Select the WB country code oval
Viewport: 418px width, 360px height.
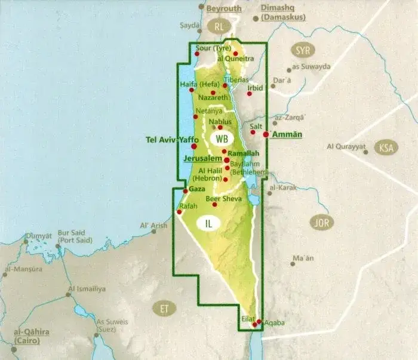222,139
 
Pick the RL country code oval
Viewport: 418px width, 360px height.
219,26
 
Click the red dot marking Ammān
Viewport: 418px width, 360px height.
266,135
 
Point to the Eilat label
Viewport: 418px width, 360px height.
248,319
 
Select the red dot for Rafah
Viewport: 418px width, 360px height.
179,212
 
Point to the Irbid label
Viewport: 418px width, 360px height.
255,88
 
